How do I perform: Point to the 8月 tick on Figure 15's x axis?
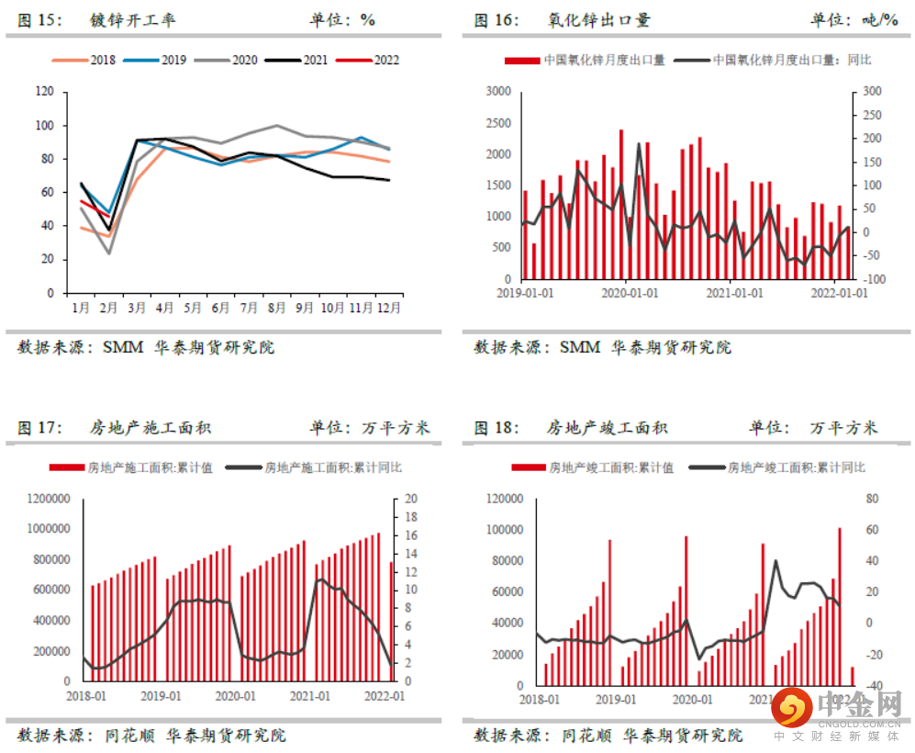[276, 308]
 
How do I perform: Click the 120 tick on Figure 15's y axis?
[44, 92]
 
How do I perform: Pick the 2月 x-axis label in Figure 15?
[109, 308]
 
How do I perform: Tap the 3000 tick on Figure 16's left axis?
[497, 92]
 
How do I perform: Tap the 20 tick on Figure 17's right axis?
[411, 499]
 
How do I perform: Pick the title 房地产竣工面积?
[608, 428]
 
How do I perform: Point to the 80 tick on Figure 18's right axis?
[872, 499]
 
